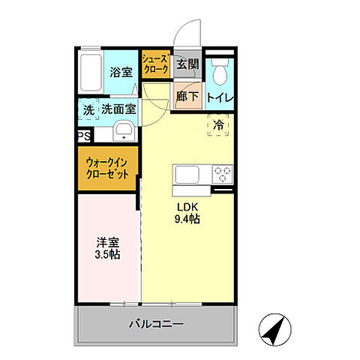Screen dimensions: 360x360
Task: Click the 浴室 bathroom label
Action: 121,73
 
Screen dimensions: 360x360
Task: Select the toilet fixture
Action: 220,72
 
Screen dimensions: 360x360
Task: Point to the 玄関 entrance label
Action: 188,64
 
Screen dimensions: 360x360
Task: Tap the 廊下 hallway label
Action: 187,97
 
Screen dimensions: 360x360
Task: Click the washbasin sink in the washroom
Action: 124,133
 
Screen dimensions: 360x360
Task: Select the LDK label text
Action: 187,207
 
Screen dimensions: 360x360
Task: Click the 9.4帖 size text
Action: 187,220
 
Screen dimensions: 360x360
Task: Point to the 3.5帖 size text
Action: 108,254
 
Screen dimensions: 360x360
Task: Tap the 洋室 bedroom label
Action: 108,241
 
